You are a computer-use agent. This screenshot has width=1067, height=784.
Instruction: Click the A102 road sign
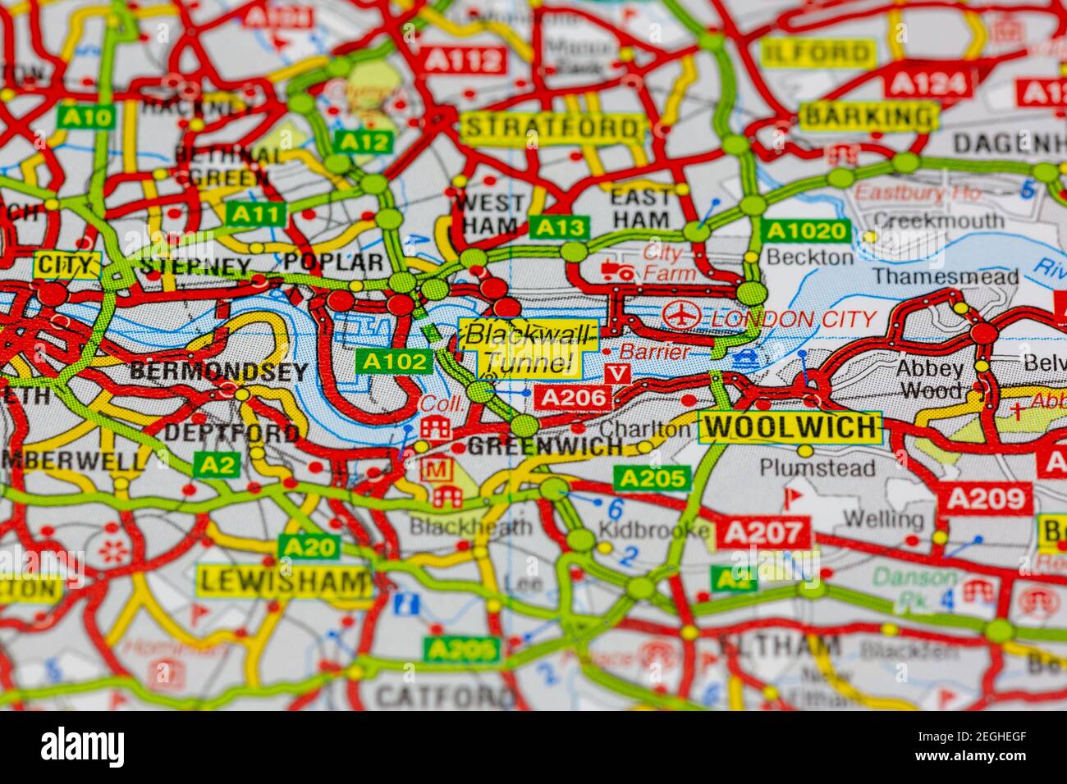point(393,361)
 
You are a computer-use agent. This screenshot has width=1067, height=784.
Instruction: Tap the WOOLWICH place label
point(789,427)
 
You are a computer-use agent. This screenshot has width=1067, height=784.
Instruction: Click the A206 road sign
point(574,399)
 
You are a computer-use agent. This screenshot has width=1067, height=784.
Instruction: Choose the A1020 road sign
point(804,231)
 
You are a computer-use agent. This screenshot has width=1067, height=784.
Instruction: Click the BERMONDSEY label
point(219,371)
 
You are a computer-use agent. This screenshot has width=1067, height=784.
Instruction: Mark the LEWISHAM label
point(284,582)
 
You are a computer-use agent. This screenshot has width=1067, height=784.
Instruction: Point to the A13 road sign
point(559,227)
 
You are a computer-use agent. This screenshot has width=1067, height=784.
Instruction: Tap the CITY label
point(66,266)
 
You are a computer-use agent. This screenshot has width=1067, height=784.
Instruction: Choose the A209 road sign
point(986,498)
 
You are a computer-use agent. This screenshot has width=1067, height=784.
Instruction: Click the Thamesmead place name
point(946,276)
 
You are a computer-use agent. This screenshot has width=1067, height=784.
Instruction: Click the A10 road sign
point(85,117)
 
